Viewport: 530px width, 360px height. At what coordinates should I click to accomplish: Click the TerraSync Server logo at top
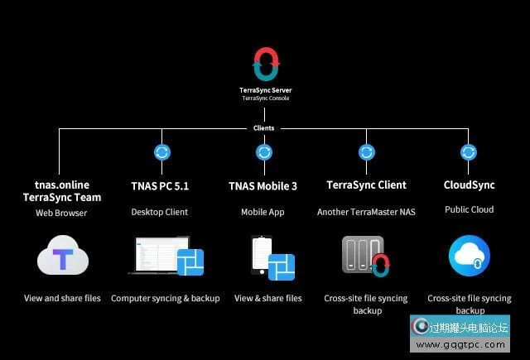pyautogui.click(x=265, y=66)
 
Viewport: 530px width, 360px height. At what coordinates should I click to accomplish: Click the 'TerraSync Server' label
pyautogui.click(x=265, y=90)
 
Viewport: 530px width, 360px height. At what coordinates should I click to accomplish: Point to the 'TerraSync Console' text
pyautogui.click(x=265, y=98)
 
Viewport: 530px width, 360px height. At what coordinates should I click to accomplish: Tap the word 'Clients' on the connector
pyautogui.click(x=264, y=128)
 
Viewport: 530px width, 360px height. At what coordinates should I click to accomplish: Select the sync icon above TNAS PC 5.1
pyautogui.click(x=162, y=152)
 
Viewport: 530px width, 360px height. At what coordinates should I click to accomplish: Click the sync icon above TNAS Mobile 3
pyautogui.click(x=264, y=152)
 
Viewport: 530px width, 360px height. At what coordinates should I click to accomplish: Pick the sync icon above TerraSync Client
pyautogui.click(x=367, y=152)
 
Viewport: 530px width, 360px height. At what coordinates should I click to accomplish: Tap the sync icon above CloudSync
pyautogui.click(x=469, y=152)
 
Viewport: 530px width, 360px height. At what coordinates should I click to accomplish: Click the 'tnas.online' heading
pyautogui.click(x=62, y=185)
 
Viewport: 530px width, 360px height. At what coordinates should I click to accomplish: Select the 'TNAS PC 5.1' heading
pyautogui.click(x=160, y=186)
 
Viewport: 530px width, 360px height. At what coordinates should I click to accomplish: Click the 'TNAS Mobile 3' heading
pyautogui.click(x=263, y=186)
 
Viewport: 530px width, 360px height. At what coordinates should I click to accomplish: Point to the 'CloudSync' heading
pyautogui.click(x=469, y=185)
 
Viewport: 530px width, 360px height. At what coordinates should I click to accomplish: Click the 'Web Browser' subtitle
pyautogui.click(x=62, y=213)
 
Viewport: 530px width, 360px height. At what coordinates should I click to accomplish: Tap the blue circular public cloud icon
pyautogui.click(x=469, y=257)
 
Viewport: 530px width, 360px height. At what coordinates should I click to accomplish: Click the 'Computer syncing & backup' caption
pyautogui.click(x=166, y=298)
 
